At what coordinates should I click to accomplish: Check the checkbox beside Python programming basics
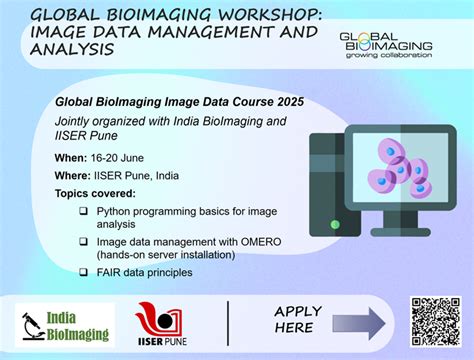pyautogui.click(x=83, y=212)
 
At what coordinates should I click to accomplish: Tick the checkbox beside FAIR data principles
pyautogui.click(x=83, y=271)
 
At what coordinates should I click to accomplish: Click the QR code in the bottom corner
pyautogui.click(x=434, y=322)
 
